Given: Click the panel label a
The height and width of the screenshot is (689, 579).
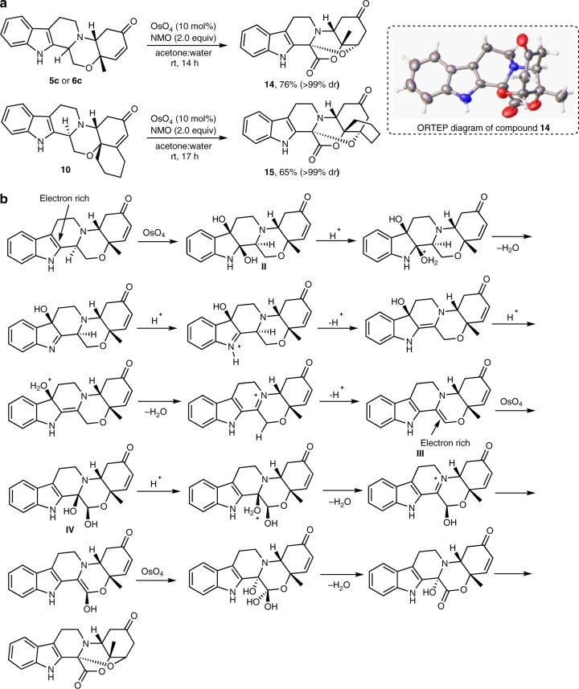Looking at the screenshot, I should pyautogui.click(x=6, y=6).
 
